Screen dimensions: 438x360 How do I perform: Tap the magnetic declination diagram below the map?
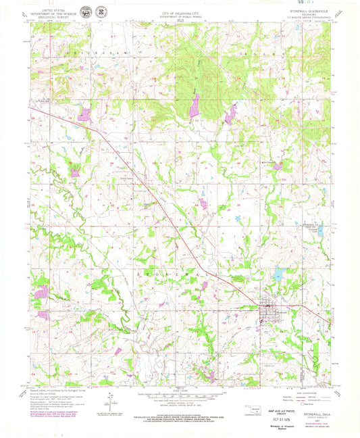click(104, 401)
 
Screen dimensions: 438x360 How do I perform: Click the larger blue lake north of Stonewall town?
click(278, 275)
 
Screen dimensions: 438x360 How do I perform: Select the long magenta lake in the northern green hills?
click(194, 105)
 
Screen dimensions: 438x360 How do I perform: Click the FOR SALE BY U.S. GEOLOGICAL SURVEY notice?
click(180, 418)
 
